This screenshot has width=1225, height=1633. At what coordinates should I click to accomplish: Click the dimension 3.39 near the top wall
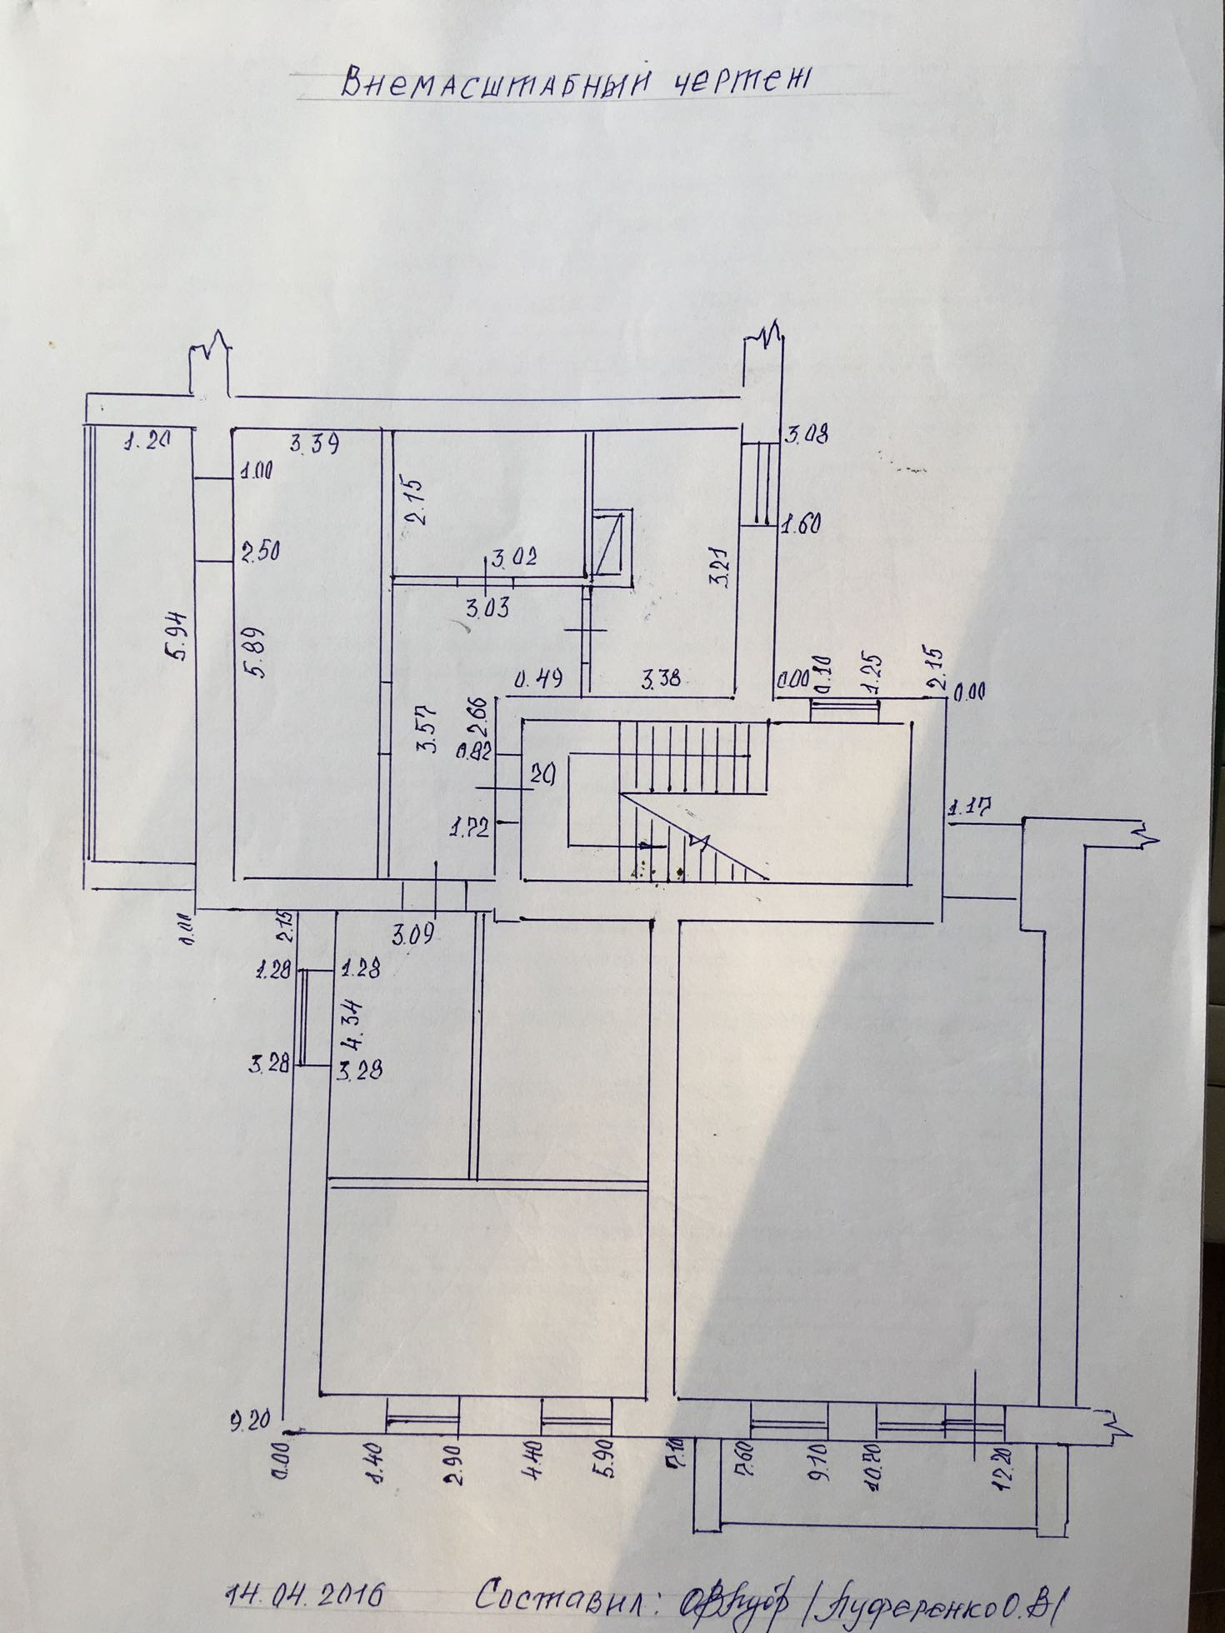[x=313, y=445]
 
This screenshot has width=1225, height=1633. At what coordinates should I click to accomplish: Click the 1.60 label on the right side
[x=801, y=524]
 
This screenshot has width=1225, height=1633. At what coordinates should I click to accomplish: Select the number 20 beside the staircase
[x=544, y=773]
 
